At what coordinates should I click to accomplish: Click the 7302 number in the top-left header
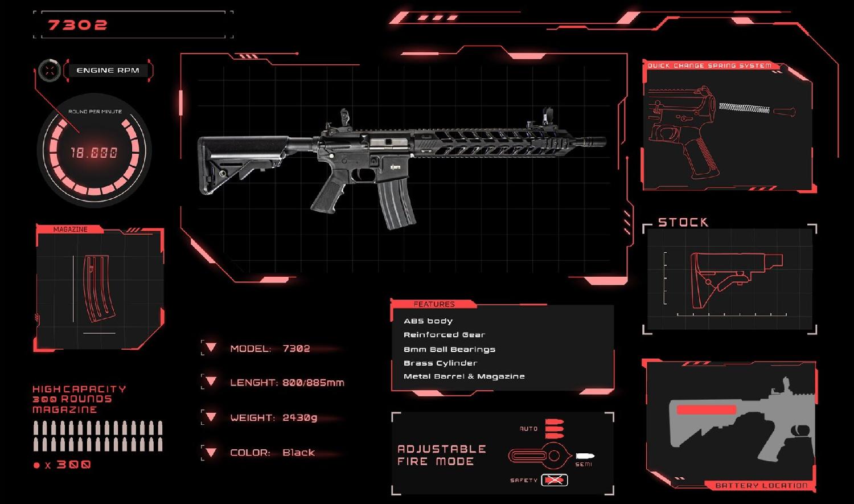pyautogui.click(x=77, y=25)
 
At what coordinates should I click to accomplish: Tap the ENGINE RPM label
pyautogui.click(x=108, y=71)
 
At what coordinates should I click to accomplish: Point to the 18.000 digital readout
pyautogui.click(x=94, y=153)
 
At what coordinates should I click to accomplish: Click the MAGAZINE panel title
pyautogui.click(x=70, y=230)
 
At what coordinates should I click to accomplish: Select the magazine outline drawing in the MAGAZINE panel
pyautogui.click(x=98, y=289)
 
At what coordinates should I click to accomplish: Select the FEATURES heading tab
pyautogui.click(x=434, y=304)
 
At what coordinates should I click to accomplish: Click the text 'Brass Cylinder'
pyautogui.click(x=440, y=363)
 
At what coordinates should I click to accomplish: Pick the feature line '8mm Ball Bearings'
pyautogui.click(x=449, y=349)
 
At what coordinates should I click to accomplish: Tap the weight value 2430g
pyautogui.click(x=299, y=417)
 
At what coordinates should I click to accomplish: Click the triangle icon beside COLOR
pyautogui.click(x=211, y=453)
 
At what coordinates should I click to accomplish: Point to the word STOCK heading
pyautogui.click(x=683, y=222)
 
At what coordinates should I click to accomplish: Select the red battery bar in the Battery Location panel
pyautogui.click(x=707, y=409)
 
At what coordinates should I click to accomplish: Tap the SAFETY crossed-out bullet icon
pyautogui.click(x=554, y=480)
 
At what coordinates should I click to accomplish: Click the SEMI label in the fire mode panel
pyautogui.click(x=584, y=465)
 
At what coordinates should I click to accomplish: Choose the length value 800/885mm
pyautogui.click(x=313, y=383)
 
